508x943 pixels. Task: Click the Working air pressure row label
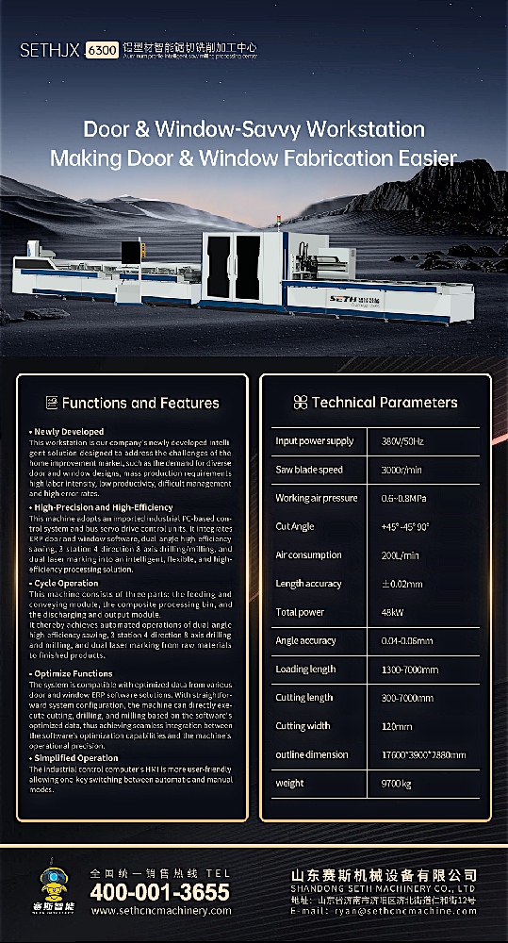(x=317, y=498)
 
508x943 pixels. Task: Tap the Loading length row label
(x=305, y=670)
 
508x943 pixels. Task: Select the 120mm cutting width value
(x=393, y=726)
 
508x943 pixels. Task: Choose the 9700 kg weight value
(x=397, y=784)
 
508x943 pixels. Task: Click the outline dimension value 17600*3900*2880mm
(x=423, y=754)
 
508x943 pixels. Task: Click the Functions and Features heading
(x=140, y=404)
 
